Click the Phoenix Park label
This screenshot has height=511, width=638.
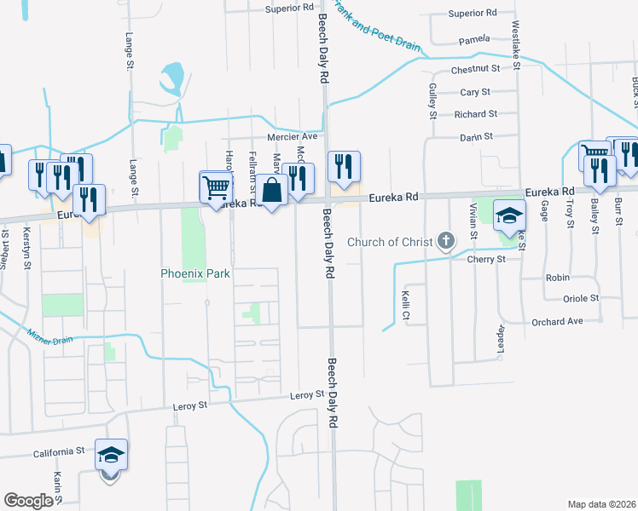pyautogui.click(x=195, y=274)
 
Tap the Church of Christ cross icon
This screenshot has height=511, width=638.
pyautogui.click(x=445, y=241)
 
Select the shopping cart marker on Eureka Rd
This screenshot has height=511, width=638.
pyautogui.click(x=217, y=186)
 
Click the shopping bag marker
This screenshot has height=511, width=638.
pyautogui.click(x=272, y=191)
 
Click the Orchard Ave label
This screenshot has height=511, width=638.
pyautogui.click(x=559, y=322)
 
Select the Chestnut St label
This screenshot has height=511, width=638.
pyautogui.click(x=474, y=69)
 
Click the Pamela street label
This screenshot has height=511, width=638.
pyautogui.click(x=474, y=39)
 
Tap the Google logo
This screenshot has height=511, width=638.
pyautogui.click(x=29, y=501)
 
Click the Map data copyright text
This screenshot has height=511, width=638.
pyautogui.click(x=601, y=503)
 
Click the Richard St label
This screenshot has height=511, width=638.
pyautogui.click(x=475, y=114)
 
